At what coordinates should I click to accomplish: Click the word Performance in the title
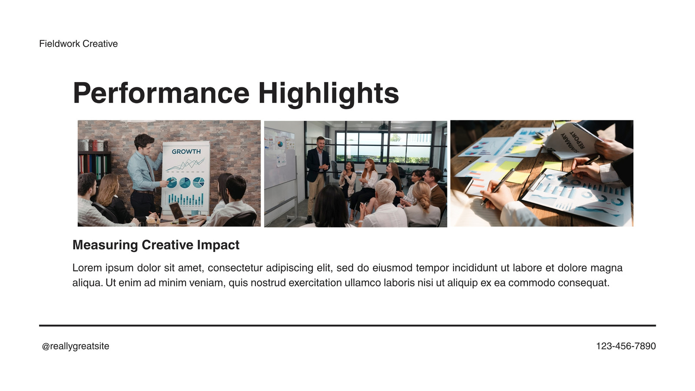coord(161,93)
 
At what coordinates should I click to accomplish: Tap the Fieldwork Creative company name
coord(79,44)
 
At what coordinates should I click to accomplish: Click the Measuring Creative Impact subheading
coord(156,245)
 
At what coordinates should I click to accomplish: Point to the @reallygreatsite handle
coord(76,346)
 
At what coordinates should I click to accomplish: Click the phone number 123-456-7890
coord(626,346)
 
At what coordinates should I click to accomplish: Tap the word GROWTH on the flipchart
coord(186,152)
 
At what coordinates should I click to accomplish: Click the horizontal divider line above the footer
coord(347,325)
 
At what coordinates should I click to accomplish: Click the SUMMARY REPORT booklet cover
coord(573,140)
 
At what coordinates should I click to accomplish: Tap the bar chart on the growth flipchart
coord(185,199)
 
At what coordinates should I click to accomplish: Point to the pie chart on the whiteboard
coord(280,144)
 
